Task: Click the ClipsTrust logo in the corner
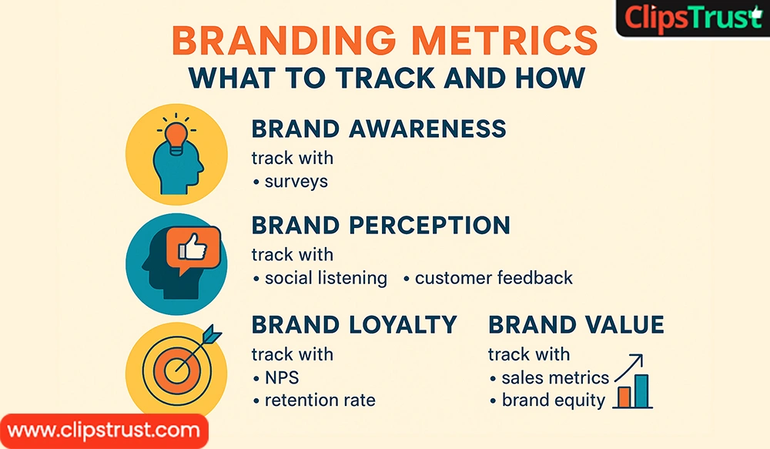692,18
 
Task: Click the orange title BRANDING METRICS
384,41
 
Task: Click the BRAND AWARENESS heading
379,129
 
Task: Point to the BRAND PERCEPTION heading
380,225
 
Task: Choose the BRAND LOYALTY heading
354,324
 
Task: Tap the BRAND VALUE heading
576,324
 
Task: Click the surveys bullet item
296,182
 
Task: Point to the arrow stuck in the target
202,344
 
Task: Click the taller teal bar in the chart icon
641,390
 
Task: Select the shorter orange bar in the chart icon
624,397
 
